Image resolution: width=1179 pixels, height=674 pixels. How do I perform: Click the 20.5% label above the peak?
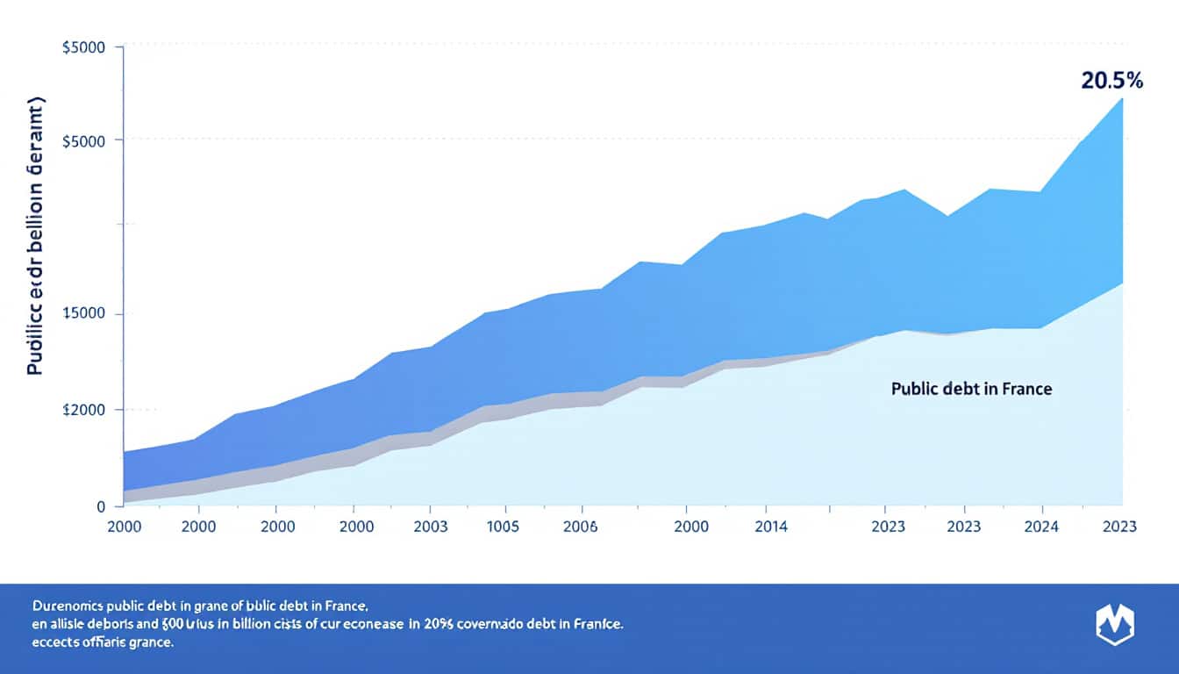[x=1112, y=81]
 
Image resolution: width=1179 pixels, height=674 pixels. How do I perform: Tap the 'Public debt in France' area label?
[x=971, y=388]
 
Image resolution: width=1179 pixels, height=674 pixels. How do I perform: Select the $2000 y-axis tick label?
[x=85, y=410]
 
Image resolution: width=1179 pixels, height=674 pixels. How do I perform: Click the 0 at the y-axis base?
[x=101, y=506]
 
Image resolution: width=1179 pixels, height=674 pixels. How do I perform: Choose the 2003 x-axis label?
[x=429, y=527]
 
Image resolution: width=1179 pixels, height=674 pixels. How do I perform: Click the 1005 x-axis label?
[x=502, y=527]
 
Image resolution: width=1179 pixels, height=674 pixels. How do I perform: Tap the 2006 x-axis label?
[x=580, y=527]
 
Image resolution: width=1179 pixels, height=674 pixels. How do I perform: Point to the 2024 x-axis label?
[x=1041, y=527]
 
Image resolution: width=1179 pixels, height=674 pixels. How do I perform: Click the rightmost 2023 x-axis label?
[x=1118, y=527]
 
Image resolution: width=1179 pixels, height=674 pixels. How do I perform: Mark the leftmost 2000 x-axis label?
[x=124, y=527]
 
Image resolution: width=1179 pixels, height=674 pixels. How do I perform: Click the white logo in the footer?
[x=1115, y=625]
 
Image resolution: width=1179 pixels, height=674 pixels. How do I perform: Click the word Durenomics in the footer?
[x=66, y=606]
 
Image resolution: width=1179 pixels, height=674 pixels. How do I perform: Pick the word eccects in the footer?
[x=55, y=643]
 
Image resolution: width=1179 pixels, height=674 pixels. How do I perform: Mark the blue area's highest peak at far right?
[x=1122, y=98]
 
